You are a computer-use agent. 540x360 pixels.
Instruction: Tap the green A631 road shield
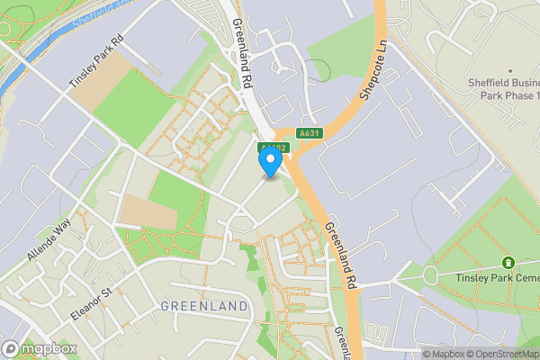tap(310, 133)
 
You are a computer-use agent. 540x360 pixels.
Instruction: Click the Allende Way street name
tap(48, 241)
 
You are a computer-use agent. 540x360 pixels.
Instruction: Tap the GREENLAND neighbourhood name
tap(203, 307)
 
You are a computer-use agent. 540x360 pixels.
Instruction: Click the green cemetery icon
tap(508, 263)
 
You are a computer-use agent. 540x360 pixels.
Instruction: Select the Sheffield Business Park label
tap(504, 88)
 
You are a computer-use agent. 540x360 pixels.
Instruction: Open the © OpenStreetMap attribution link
tap(502, 354)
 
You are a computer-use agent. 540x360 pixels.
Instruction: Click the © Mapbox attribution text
tap(444, 354)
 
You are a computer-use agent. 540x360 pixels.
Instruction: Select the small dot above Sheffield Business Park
tap(509, 71)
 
